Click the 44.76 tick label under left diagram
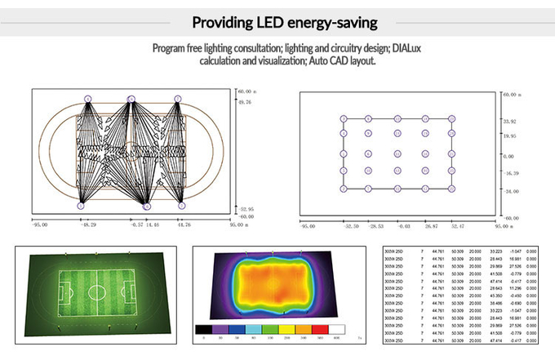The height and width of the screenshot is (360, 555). click(x=183, y=223)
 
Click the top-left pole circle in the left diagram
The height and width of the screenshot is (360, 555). click(x=89, y=100)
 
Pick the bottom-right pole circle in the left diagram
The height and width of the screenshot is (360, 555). click(x=177, y=206)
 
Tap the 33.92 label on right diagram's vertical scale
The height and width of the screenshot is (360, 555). click(x=510, y=121)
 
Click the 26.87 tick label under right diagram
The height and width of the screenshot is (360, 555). click(x=429, y=226)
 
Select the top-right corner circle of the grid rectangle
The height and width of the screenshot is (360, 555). click(x=451, y=119)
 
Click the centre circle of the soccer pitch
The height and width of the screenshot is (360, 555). click(x=96, y=290)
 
